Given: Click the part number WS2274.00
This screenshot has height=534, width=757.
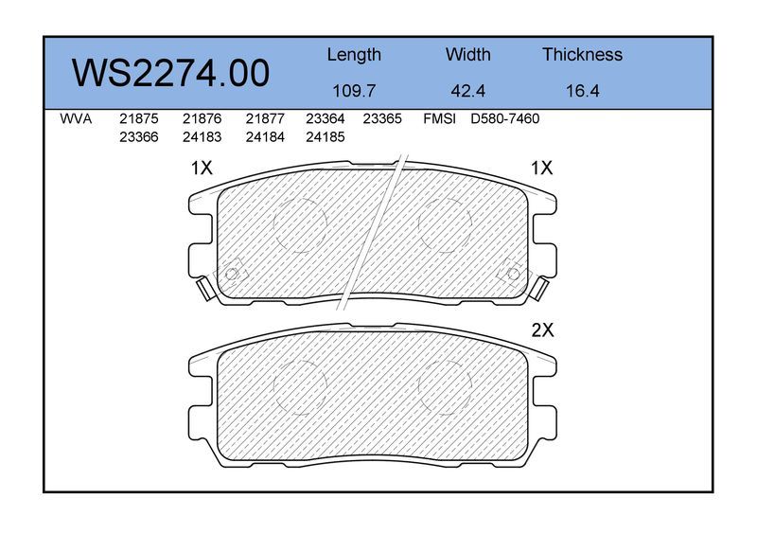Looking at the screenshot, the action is [x=170, y=73].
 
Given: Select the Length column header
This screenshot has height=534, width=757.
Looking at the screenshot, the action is [x=354, y=55].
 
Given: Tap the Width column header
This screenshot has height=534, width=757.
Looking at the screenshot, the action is [x=467, y=54].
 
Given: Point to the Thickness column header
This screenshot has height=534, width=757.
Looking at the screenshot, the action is [x=582, y=54].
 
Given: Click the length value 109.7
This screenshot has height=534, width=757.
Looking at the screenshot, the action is [x=354, y=91].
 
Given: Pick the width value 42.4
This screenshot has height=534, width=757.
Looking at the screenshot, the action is [x=467, y=91].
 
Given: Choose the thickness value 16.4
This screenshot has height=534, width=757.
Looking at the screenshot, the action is [x=582, y=91].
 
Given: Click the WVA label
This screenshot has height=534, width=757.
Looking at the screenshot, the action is [x=76, y=119].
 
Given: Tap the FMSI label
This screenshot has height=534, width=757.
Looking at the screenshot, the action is [x=439, y=119].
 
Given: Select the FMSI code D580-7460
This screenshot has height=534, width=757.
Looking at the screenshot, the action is [x=505, y=119].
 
